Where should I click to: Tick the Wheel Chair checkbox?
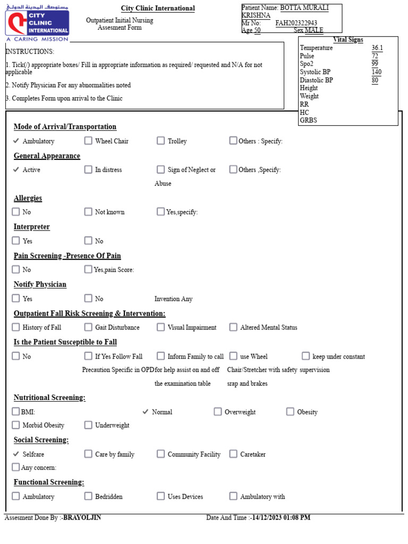point(88,141)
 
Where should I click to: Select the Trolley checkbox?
point(160,141)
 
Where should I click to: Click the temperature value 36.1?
point(377,48)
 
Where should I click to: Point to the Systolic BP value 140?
point(377,72)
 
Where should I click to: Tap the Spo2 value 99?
point(375,64)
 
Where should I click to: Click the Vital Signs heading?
point(348,40)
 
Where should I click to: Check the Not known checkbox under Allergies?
point(88,211)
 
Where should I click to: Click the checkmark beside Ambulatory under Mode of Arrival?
point(16,141)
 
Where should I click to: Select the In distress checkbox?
point(88,169)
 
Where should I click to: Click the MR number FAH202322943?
point(296,23)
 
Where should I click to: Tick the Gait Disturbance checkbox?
point(88,327)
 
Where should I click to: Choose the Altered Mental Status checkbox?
point(233,327)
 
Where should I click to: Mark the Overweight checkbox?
point(218,412)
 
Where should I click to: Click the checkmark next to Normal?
point(146,412)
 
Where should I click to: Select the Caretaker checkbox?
point(233,454)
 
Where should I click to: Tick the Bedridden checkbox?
point(88,496)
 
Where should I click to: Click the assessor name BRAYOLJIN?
point(82,517)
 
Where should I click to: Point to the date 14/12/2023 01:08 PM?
point(281,517)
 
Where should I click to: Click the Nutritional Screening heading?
point(49,397)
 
